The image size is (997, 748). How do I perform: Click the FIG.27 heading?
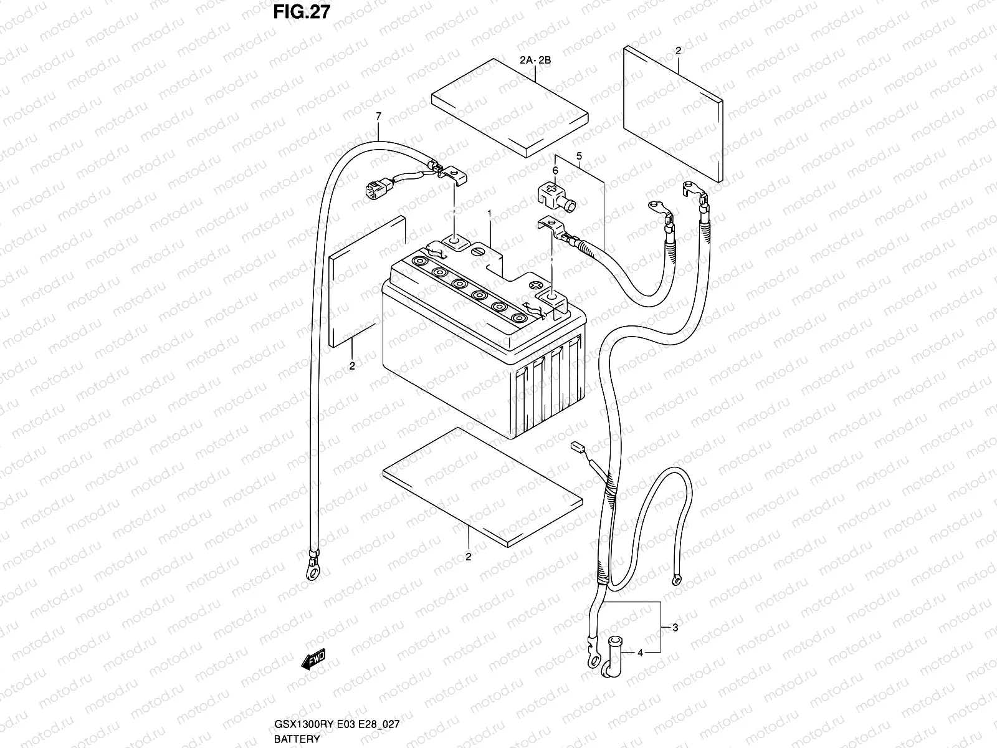click(x=302, y=12)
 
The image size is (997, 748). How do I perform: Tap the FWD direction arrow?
click(x=313, y=659)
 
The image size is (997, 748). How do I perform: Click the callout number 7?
click(x=378, y=117)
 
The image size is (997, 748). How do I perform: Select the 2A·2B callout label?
click(x=535, y=60)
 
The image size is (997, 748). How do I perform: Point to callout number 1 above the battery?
click(x=490, y=213)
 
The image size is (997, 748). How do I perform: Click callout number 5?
click(x=579, y=156)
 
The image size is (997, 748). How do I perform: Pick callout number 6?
click(x=555, y=170)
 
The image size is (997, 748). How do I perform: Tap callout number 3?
click(x=675, y=627)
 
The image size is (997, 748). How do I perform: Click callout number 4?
click(x=640, y=653)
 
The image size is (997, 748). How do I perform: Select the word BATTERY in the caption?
click(x=297, y=739)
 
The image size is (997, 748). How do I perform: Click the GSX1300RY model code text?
click(x=304, y=724)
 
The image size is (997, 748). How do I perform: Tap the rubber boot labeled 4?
click(x=611, y=656)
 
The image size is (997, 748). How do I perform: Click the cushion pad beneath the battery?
click(x=482, y=487)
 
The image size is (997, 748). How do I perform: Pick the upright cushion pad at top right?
click(x=673, y=114)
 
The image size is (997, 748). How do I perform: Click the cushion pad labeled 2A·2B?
click(x=510, y=108)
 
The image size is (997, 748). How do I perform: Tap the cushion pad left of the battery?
click(x=367, y=282)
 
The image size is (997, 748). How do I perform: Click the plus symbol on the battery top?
click(x=537, y=285)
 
